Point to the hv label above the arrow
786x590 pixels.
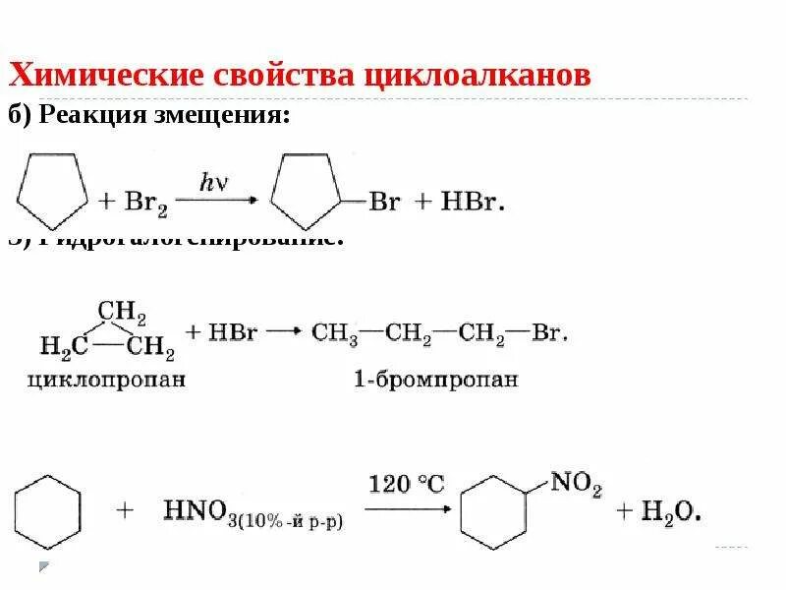tap(214, 181)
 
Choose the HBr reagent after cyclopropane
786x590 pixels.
tap(230, 332)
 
